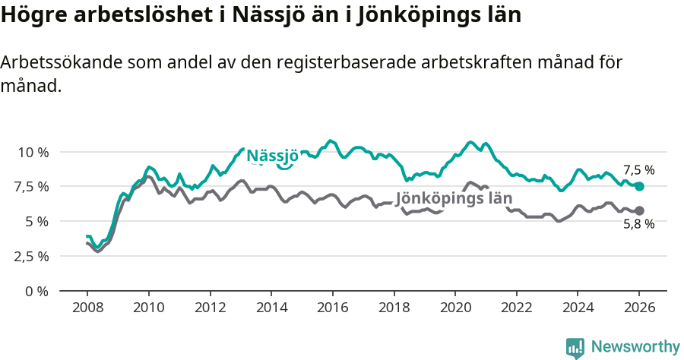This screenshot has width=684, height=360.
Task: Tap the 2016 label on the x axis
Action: click(332, 310)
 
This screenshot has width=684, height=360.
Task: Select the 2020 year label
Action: click(454, 310)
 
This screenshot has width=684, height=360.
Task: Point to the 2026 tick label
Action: click(639, 310)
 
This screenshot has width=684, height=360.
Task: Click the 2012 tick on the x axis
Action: click(210, 310)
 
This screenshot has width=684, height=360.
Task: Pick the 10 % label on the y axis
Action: click(33, 152)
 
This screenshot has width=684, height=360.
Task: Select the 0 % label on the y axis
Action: click(37, 291)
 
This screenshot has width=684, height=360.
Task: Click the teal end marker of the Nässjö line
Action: click(639, 186)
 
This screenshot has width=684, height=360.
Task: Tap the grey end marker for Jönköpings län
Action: click(639, 210)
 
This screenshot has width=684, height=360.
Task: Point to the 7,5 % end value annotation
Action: click(638, 170)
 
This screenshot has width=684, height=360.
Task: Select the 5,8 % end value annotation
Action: click(638, 224)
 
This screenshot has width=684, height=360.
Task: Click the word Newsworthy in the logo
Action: click(635, 347)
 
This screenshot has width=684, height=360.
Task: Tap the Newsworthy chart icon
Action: click(575, 348)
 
